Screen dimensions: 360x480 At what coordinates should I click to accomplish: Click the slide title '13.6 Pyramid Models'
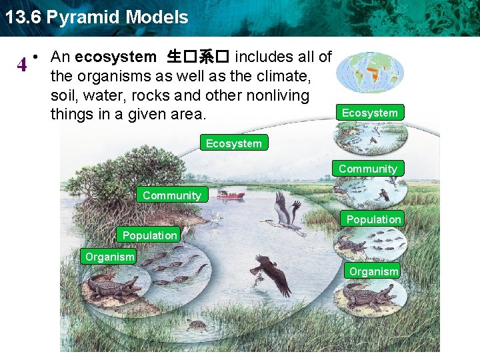[x=97, y=17]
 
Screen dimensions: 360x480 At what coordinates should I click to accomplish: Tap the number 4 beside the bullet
[x=22, y=65]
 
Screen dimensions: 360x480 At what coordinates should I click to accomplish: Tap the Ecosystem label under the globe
[x=369, y=113]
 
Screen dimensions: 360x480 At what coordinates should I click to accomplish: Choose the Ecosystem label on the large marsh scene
[x=233, y=143]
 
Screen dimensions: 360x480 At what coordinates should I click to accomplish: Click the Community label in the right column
[x=367, y=169]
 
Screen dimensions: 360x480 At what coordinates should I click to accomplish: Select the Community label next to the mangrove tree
[x=171, y=195]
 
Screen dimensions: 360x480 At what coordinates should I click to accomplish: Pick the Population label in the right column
[x=373, y=219]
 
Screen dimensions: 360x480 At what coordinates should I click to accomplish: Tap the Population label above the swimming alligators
[x=149, y=235]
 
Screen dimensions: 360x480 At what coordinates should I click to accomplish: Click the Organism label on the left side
[x=109, y=257]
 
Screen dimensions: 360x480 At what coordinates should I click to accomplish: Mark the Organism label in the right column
[x=373, y=271]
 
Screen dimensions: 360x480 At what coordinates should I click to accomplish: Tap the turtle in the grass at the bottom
[x=196, y=325]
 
